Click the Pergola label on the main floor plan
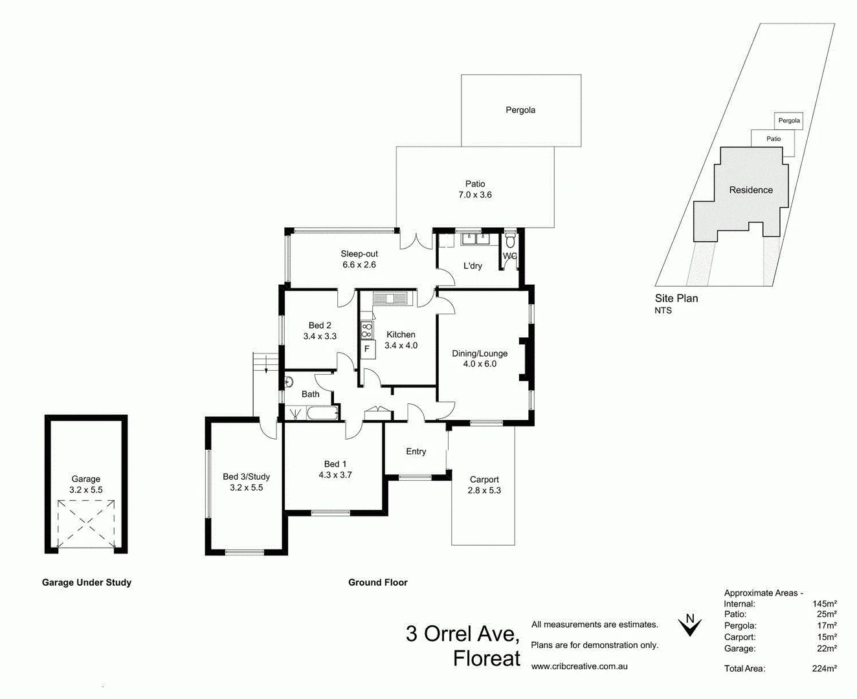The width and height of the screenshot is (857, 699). (520, 110)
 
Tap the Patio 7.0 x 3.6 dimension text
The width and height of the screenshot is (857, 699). (475, 195)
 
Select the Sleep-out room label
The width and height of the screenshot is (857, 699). (359, 254)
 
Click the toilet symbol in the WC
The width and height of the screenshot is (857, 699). (511, 240)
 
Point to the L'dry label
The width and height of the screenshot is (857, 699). (473, 266)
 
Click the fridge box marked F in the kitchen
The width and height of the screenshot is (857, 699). (366, 349)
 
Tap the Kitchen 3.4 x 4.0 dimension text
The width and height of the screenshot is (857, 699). (401, 346)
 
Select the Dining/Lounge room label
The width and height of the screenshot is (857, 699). (480, 353)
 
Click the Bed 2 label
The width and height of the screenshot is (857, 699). (320, 326)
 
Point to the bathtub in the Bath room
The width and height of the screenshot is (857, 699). (322, 412)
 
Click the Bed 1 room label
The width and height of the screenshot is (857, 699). (335, 464)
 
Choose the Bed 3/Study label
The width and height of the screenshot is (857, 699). (246, 476)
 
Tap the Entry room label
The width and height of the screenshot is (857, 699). (416, 452)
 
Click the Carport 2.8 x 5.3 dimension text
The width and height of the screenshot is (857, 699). (484, 491)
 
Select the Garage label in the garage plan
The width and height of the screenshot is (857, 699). (86, 479)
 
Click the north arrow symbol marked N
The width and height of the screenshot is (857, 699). (690, 625)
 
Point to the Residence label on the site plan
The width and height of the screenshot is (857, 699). (751, 190)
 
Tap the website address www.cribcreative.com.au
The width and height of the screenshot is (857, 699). (579, 666)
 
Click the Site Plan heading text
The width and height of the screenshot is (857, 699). (676, 298)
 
